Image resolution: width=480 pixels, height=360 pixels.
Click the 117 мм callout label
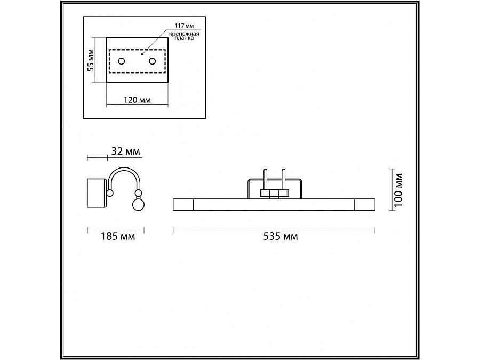184,26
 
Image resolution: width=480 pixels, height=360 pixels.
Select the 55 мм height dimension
91,60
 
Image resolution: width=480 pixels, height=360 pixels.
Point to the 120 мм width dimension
137,100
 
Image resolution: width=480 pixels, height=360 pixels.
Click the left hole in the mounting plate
122,61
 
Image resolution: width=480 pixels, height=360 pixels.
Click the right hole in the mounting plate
152,61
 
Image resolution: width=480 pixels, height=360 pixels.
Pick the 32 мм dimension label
125,151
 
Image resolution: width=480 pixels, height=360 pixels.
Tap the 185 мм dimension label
118,236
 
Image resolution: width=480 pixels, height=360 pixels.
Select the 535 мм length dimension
281,236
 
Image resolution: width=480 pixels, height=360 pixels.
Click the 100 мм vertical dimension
398,190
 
